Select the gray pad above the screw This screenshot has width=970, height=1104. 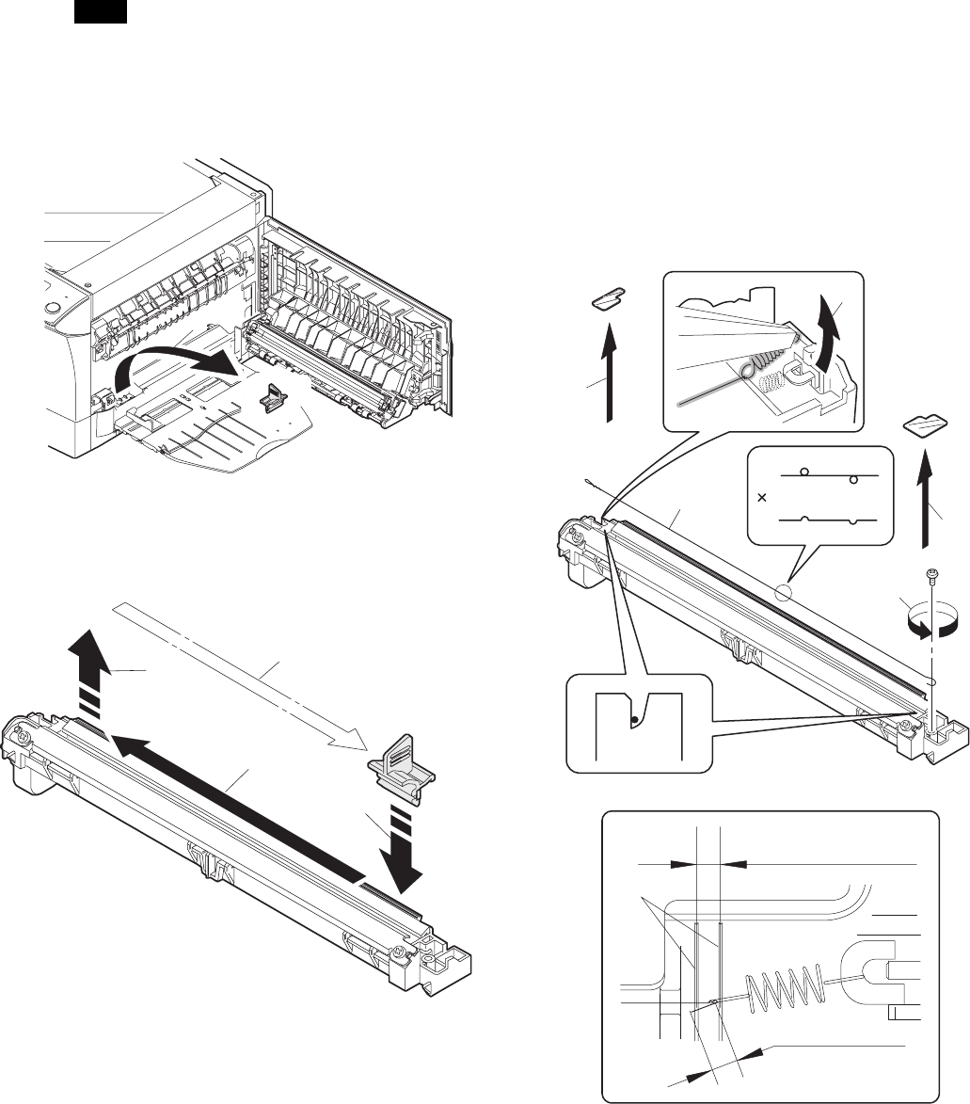[x=926, y=427]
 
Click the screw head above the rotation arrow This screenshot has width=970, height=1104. [x=929, y=571]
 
